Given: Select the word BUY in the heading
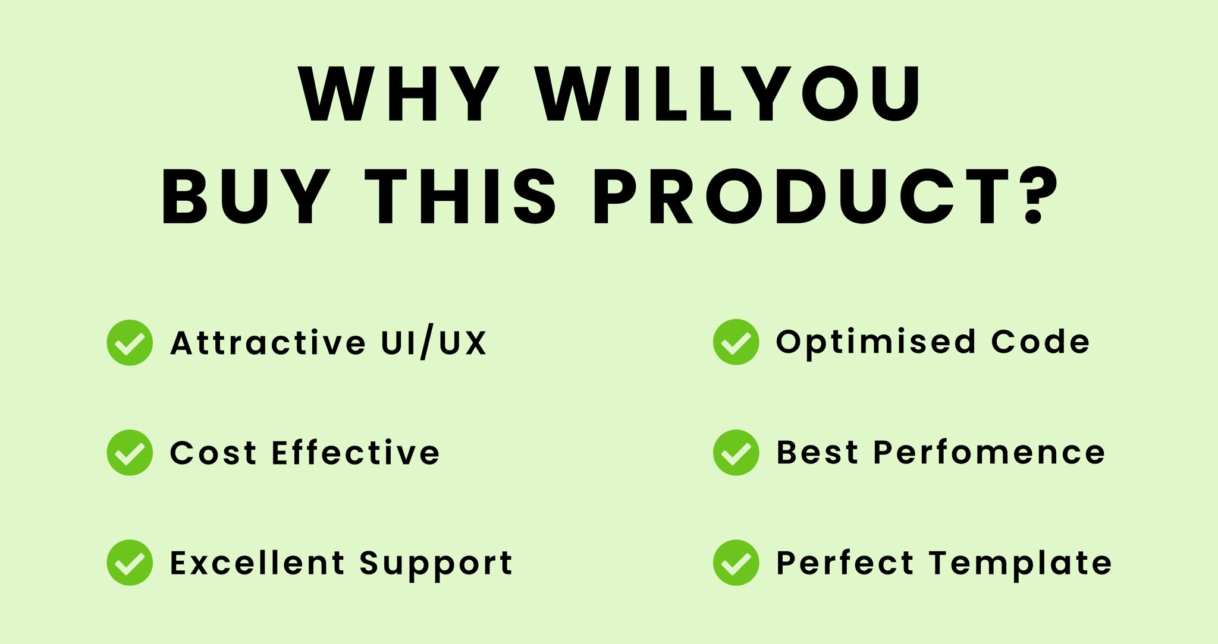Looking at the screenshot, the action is coord(245,197).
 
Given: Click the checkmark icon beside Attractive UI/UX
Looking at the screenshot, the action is coord(130,343).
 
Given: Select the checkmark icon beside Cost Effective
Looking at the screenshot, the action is coord(130,453).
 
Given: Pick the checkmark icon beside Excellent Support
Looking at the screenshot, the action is coord(130,563).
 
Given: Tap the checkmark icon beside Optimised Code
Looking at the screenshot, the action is coord(736,342).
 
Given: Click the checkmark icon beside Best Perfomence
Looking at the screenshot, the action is coord(736,453).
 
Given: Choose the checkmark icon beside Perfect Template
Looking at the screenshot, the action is coord(736,563).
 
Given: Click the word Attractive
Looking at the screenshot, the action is coord(268,343).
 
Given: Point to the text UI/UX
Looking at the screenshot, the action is coord(434,343).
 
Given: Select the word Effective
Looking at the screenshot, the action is coord(356,453).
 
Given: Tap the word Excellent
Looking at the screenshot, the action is coord(258,563).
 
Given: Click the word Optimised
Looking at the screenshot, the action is coord(876,343).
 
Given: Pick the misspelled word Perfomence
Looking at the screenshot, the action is coord(989,453).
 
